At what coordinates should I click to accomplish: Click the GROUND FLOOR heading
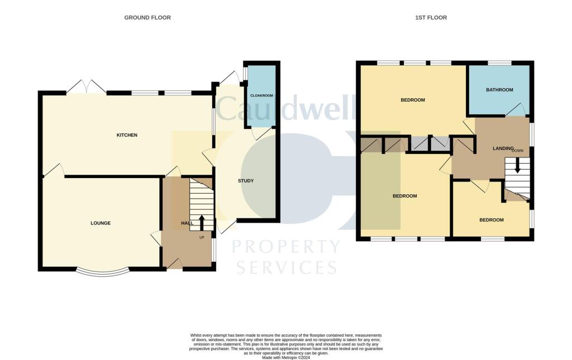(147, 18)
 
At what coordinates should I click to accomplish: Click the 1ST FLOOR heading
(431, 18)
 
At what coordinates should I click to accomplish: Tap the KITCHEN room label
(127, 135)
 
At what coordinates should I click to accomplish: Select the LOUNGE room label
(101, 223)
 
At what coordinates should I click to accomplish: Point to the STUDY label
(246, 181)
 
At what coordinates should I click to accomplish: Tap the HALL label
(187, 223)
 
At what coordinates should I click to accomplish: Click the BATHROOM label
(499, 90)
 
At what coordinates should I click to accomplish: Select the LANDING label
(503, 148)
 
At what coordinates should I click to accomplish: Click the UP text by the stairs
(202, 237)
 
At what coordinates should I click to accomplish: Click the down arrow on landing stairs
(517, 165)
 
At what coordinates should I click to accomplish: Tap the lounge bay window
(102, 272)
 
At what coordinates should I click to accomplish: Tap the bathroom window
(499, 63)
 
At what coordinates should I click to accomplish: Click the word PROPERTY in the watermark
(285, 246)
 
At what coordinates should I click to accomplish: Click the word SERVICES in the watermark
(286, 267)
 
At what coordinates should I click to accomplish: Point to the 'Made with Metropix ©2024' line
(285, 357)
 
